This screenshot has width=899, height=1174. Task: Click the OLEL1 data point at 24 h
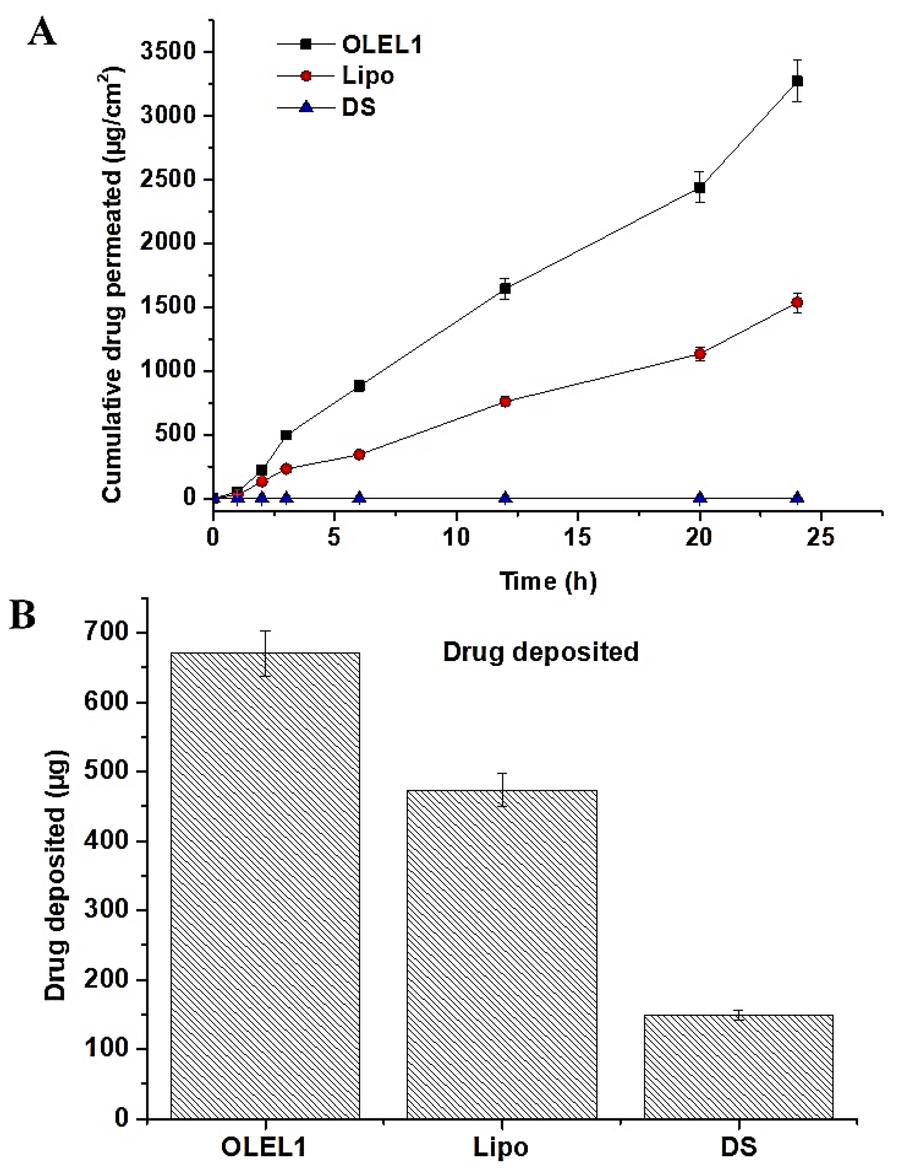point(797,81)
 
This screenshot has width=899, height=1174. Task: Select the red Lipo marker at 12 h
point(505,402)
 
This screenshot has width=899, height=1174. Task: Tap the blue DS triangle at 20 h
point(699,498)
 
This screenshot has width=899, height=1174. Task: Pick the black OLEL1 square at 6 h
point(359,386)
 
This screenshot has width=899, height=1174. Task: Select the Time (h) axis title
point(548,581)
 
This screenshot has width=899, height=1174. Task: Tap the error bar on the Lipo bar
point(502,790)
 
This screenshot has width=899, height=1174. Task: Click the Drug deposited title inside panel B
point(540,652)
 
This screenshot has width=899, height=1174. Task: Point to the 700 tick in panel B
point(107,632)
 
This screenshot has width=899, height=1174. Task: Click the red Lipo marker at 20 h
point(699,353)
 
